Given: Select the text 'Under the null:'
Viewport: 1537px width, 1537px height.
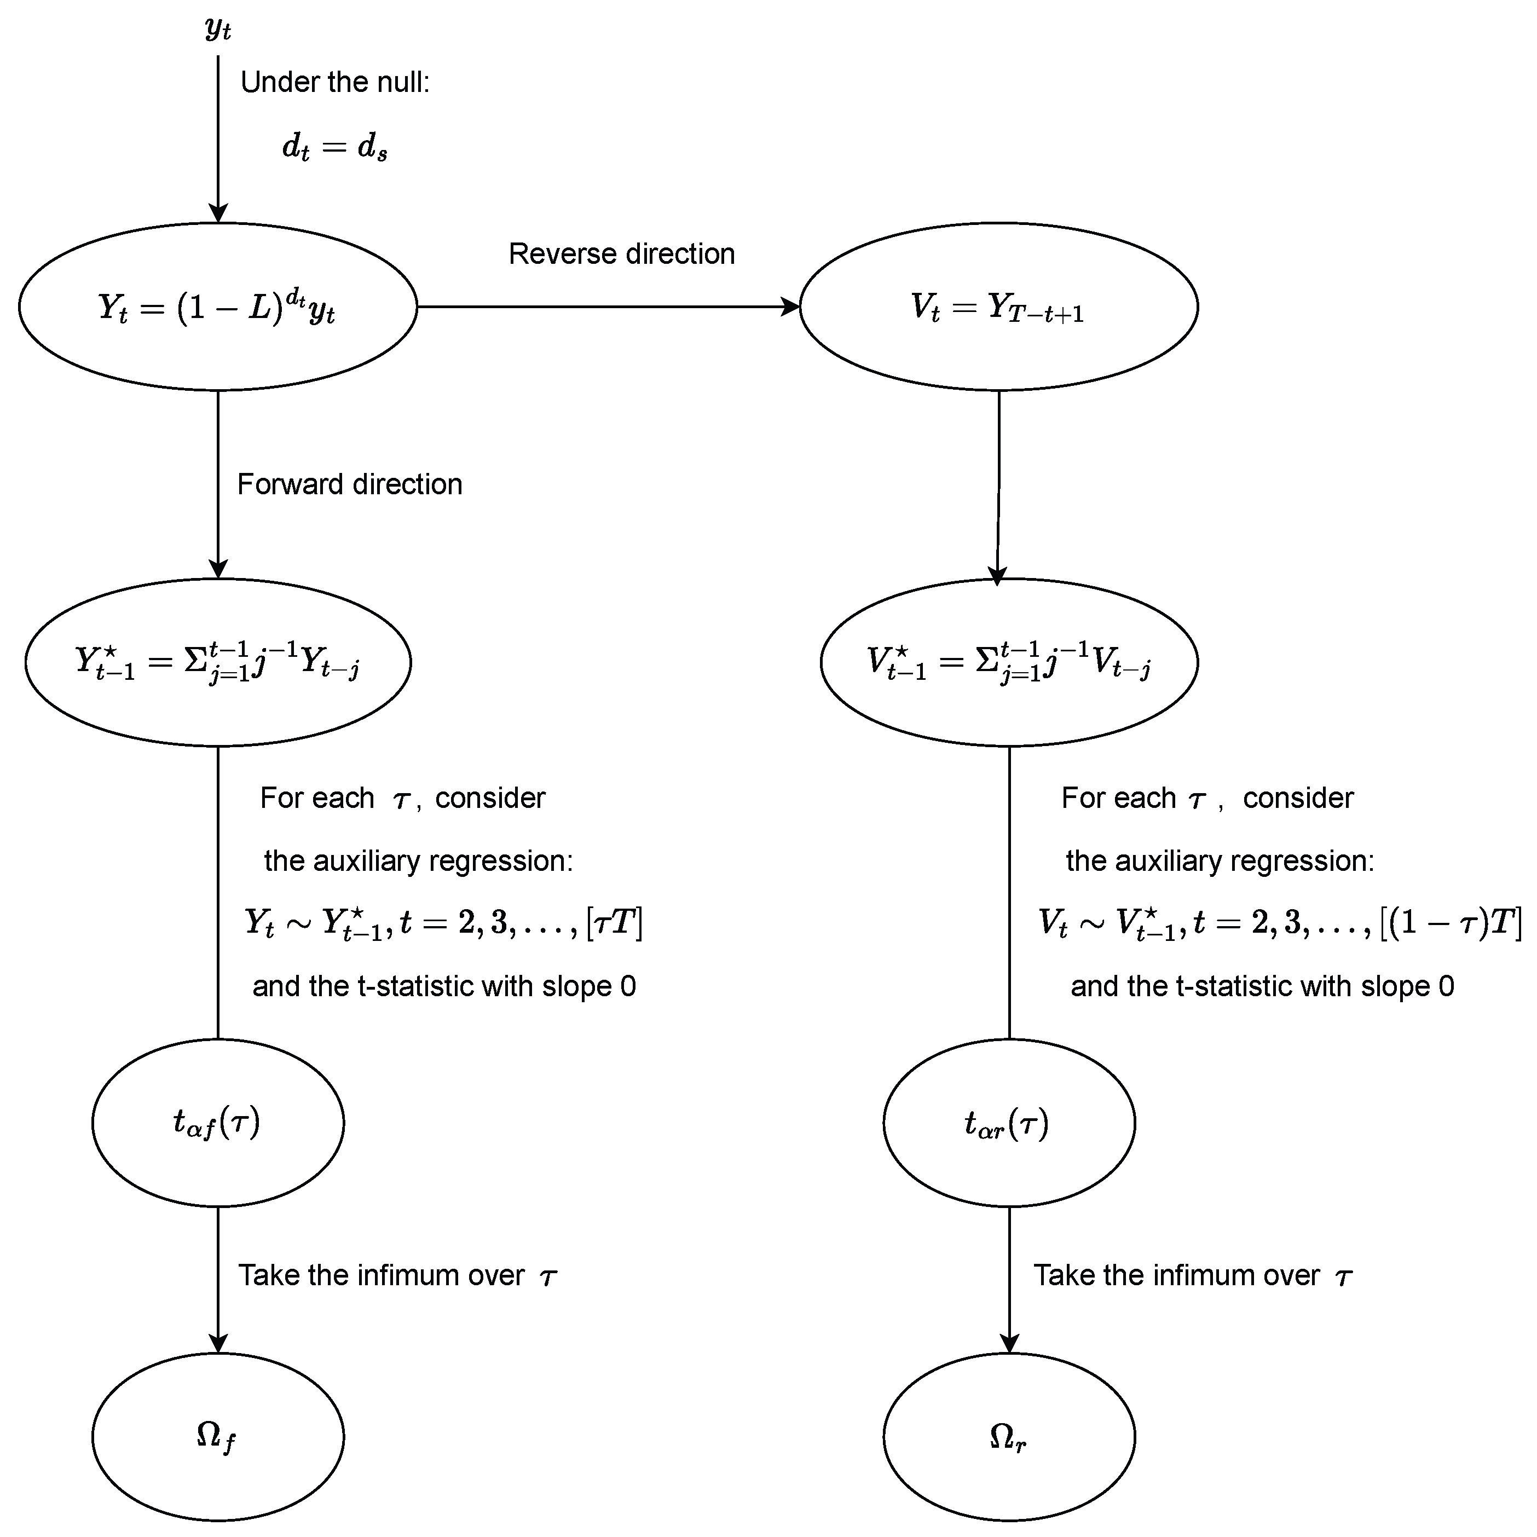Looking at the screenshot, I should point(335,82).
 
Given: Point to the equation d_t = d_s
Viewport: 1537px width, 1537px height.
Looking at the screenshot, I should point(335,147).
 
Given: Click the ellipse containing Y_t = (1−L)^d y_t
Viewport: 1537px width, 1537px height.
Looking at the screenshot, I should point(218,307).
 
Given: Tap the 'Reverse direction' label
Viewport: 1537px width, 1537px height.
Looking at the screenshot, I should point(621,254).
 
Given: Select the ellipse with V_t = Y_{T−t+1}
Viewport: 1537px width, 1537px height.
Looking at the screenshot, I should point(998,307).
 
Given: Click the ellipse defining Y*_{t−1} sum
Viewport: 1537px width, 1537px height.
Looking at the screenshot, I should point(218,662).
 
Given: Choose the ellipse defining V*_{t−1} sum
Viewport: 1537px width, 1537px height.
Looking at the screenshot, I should point(1009,662).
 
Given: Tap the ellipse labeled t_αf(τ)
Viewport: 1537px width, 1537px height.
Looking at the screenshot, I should point(218,1123).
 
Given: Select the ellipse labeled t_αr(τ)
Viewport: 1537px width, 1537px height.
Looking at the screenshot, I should point(1009,1123).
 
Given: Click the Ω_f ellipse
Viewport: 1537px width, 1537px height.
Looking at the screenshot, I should point(218,1437).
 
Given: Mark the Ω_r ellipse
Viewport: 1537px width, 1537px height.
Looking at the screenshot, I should point(1009,1437).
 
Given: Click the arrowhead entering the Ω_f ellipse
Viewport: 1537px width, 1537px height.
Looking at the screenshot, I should point(218,1343).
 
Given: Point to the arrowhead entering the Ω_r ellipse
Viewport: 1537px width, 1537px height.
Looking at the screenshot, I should point(1009,1343).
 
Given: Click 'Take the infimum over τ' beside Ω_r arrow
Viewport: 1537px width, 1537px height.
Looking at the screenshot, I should point(1192,1276).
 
